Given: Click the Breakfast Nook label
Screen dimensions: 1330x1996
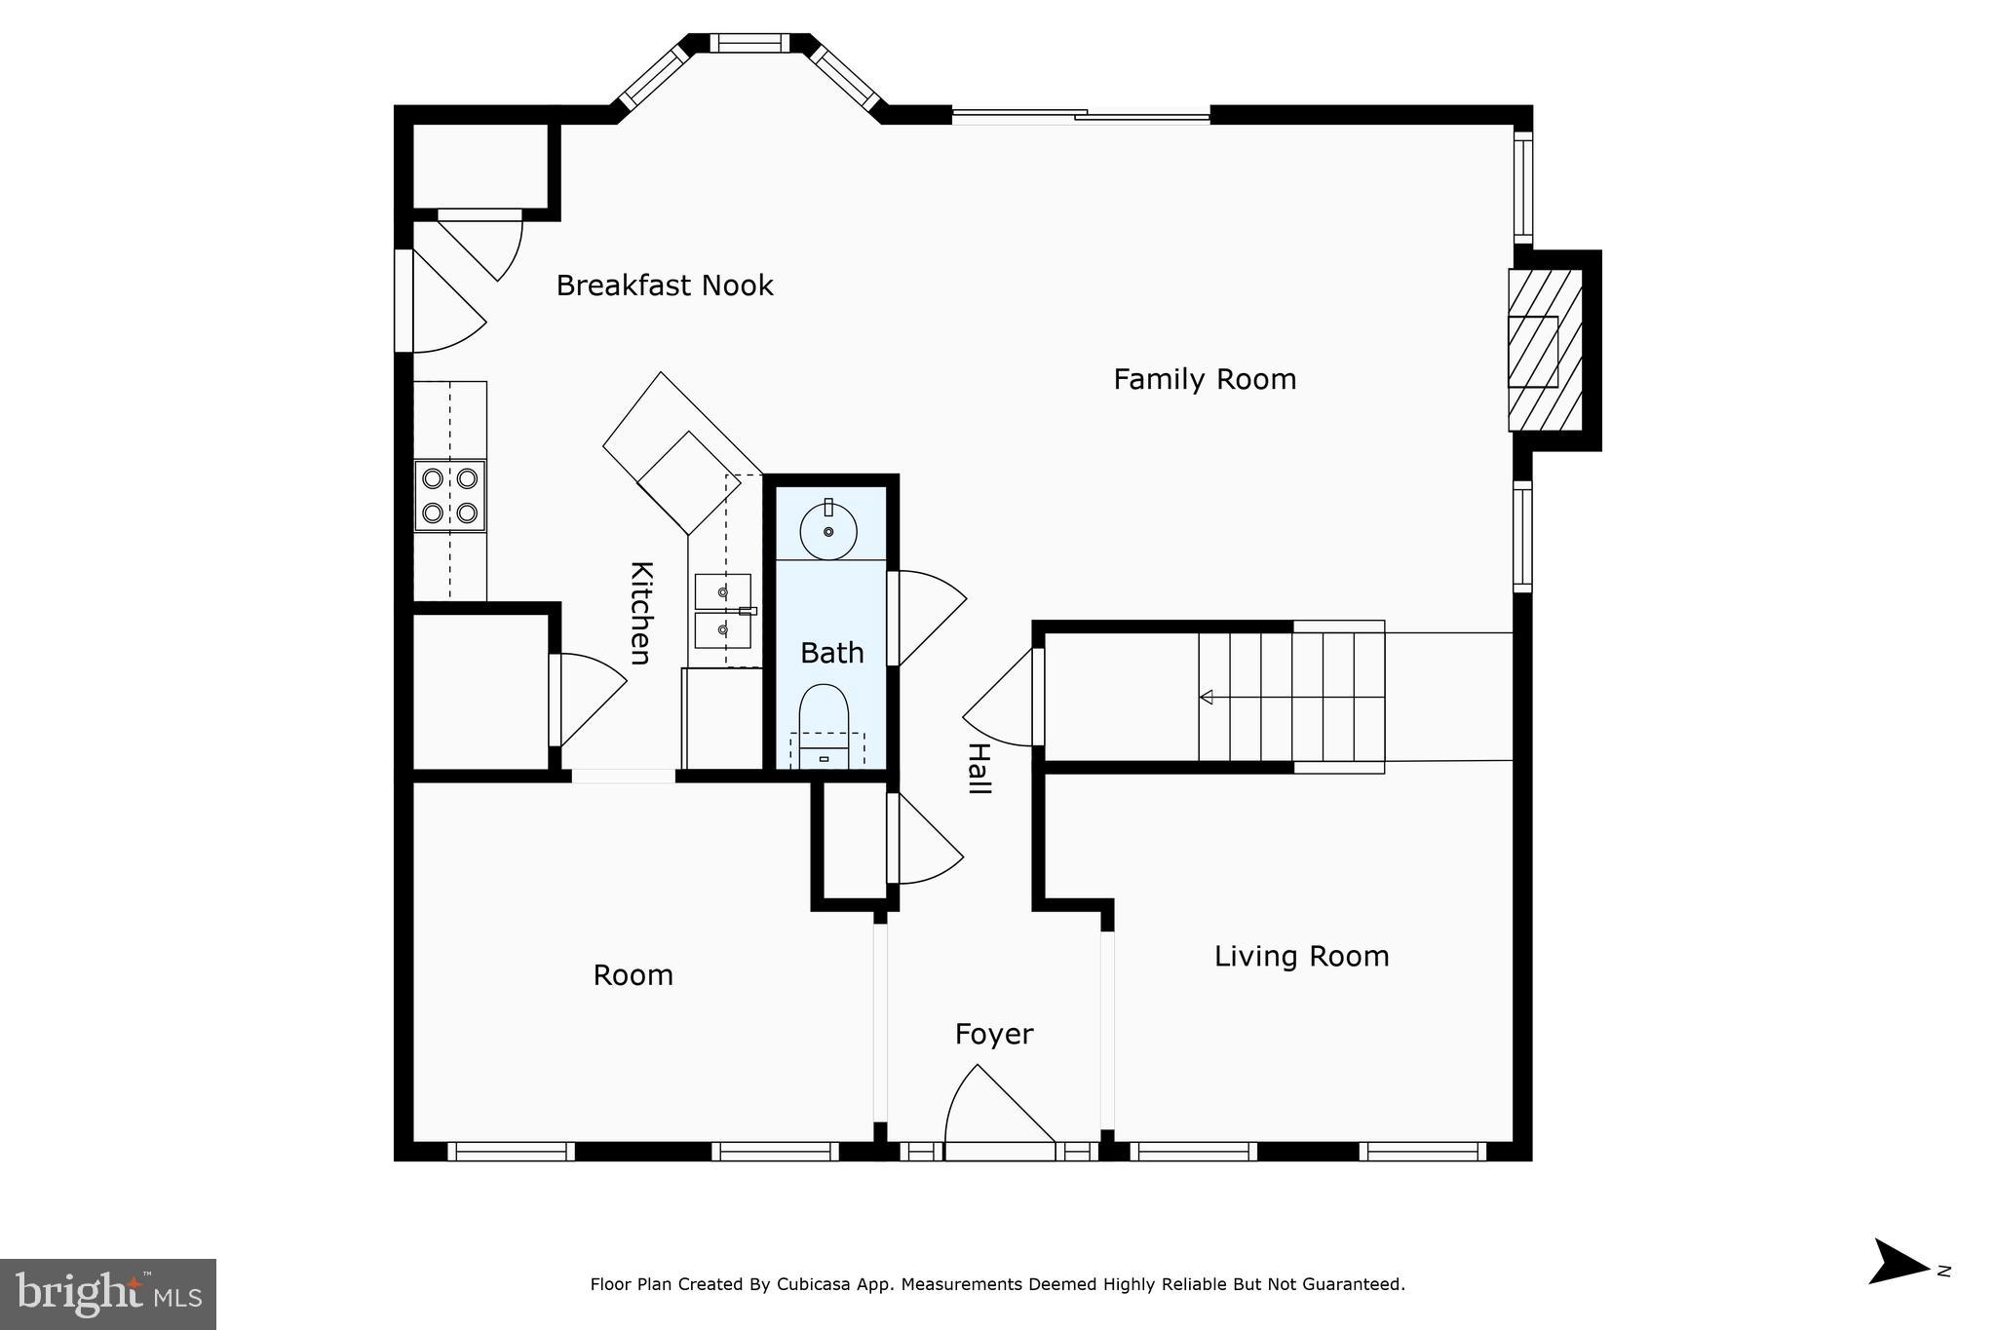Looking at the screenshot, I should pos(665,285).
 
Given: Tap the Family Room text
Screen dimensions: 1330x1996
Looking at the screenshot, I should pos(1205,379).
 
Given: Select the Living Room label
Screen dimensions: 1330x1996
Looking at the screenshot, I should pos(1301,957).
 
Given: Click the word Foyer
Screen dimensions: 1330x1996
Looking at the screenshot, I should pos(993,1034).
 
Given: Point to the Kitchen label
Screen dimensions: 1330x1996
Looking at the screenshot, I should pos(640,613).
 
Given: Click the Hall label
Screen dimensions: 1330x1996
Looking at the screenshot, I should pos(978,769).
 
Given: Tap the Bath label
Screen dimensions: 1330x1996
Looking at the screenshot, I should pos(831,653).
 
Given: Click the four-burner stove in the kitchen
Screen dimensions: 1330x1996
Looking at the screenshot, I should pos(449,495).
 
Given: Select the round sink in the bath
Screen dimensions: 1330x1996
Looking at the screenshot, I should pos(828,531).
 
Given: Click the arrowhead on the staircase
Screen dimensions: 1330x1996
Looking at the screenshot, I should pos(1207,697).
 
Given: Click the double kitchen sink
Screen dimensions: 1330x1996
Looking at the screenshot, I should pos(723,611).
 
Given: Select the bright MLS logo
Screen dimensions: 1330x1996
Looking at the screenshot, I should pos(108,1294).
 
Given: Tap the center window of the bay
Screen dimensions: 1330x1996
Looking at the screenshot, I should pos(748,43).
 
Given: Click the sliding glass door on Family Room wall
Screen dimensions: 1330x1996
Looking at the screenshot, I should pos(1081,116).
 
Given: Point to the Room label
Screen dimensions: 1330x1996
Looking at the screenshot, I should pos(633,975).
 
